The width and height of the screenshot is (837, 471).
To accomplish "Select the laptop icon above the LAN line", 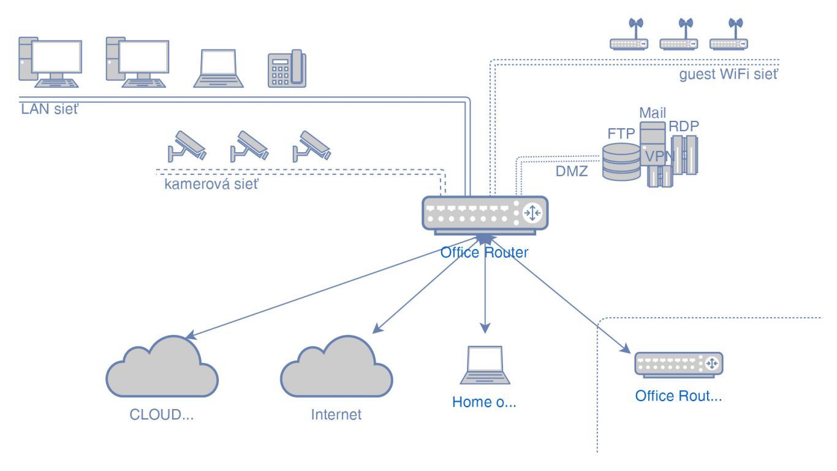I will coord(219,67).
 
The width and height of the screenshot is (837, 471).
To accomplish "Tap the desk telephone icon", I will coord(287,69).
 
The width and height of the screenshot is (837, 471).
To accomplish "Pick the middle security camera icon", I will coord(248,145).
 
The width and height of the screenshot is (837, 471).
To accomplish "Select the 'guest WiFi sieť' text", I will coord(729,75).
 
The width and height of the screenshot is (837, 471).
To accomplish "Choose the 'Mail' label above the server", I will coord(653,113).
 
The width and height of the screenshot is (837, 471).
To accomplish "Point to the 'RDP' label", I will coord(684,126).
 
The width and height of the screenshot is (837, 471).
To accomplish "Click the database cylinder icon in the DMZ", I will coord(621,161).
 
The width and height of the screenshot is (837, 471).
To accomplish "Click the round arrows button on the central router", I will coord(532,212).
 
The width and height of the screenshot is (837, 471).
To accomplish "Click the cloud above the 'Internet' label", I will coord(336,368).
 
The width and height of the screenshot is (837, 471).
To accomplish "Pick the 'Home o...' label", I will coord(485,402).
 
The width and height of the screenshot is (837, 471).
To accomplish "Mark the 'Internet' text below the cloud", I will coord(336,415).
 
